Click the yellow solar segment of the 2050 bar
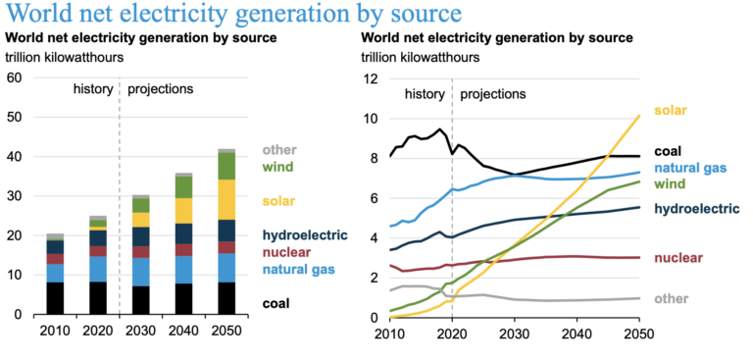pyautogui.click(x=226, y=199)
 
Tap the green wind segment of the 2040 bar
pyautogui.click(x=183, y=186)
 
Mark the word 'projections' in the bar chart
pyautogui.click(x=159, y=89)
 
